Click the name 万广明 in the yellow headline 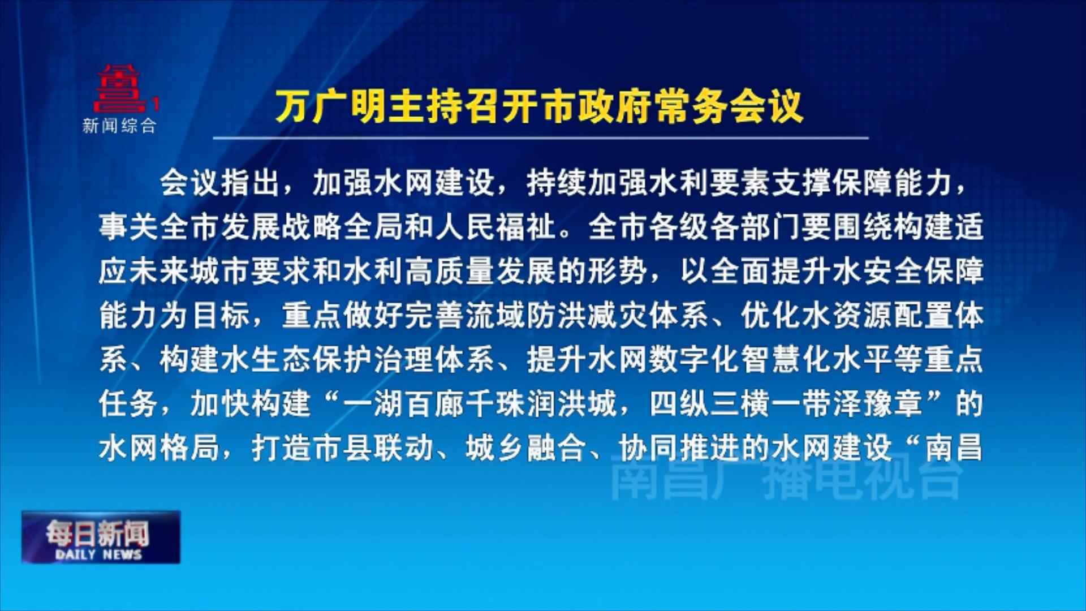tap(331, 107)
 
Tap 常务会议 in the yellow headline tap(729, 107)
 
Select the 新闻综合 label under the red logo tap(119, 126)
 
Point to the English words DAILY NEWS tap(98, 554)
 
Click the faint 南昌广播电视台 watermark tap(786, 480)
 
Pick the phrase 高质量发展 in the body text tap(481, 271)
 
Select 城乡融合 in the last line tap(526, 448)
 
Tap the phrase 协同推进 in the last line tap(679, 448)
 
